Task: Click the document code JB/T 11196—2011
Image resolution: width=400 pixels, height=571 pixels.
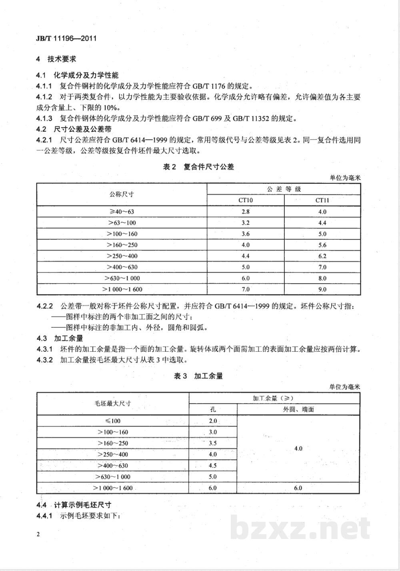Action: pyautogui.click(x=66, y=38)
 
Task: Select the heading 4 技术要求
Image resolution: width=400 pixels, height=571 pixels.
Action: pyautogui.click(x=56, y=59)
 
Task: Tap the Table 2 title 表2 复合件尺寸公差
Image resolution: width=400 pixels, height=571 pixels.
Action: pyautogui.click(x=198, y=167)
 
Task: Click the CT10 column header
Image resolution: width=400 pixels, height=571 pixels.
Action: pyautogui.click(x=245, y=200)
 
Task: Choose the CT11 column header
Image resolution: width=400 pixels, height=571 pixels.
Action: pyautogui.click(x=322, y=200)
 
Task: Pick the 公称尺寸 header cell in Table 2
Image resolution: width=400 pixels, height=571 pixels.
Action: pyautogui.click(x=122, y=194)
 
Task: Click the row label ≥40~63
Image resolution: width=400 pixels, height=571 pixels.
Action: pyautogui.click(x=122, y=212)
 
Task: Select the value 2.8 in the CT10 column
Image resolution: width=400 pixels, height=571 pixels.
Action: pyautogui.click(x=245, y=212)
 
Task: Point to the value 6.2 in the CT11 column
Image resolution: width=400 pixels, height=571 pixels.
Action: pyautogui.click(x=322, y=256)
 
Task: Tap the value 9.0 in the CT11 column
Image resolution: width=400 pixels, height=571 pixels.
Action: pyautogui.click(x=322, y=289)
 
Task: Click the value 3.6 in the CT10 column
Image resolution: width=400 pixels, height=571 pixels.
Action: pyautogui.click(x=245, y=234)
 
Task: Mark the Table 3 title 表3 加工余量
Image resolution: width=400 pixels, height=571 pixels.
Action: pyautogui.click(x=198, y=376)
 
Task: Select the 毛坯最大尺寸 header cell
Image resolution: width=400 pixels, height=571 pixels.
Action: pyautogui.click(x=113, y=403)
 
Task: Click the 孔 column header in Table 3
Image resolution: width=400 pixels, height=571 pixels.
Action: pyautogui.click(x=213, y=409)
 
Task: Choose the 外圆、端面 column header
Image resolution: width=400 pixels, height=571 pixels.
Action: pyautogui.click(x=298, y=409)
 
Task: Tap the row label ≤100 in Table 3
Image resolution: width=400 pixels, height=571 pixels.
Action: pyautogui.click(x=113, y=421)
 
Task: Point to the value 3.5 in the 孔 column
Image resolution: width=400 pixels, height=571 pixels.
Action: pyautogui.click(x=213, y=443)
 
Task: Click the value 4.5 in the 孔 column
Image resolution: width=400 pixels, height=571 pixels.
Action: pyautogui.click(x=213, y=465)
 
